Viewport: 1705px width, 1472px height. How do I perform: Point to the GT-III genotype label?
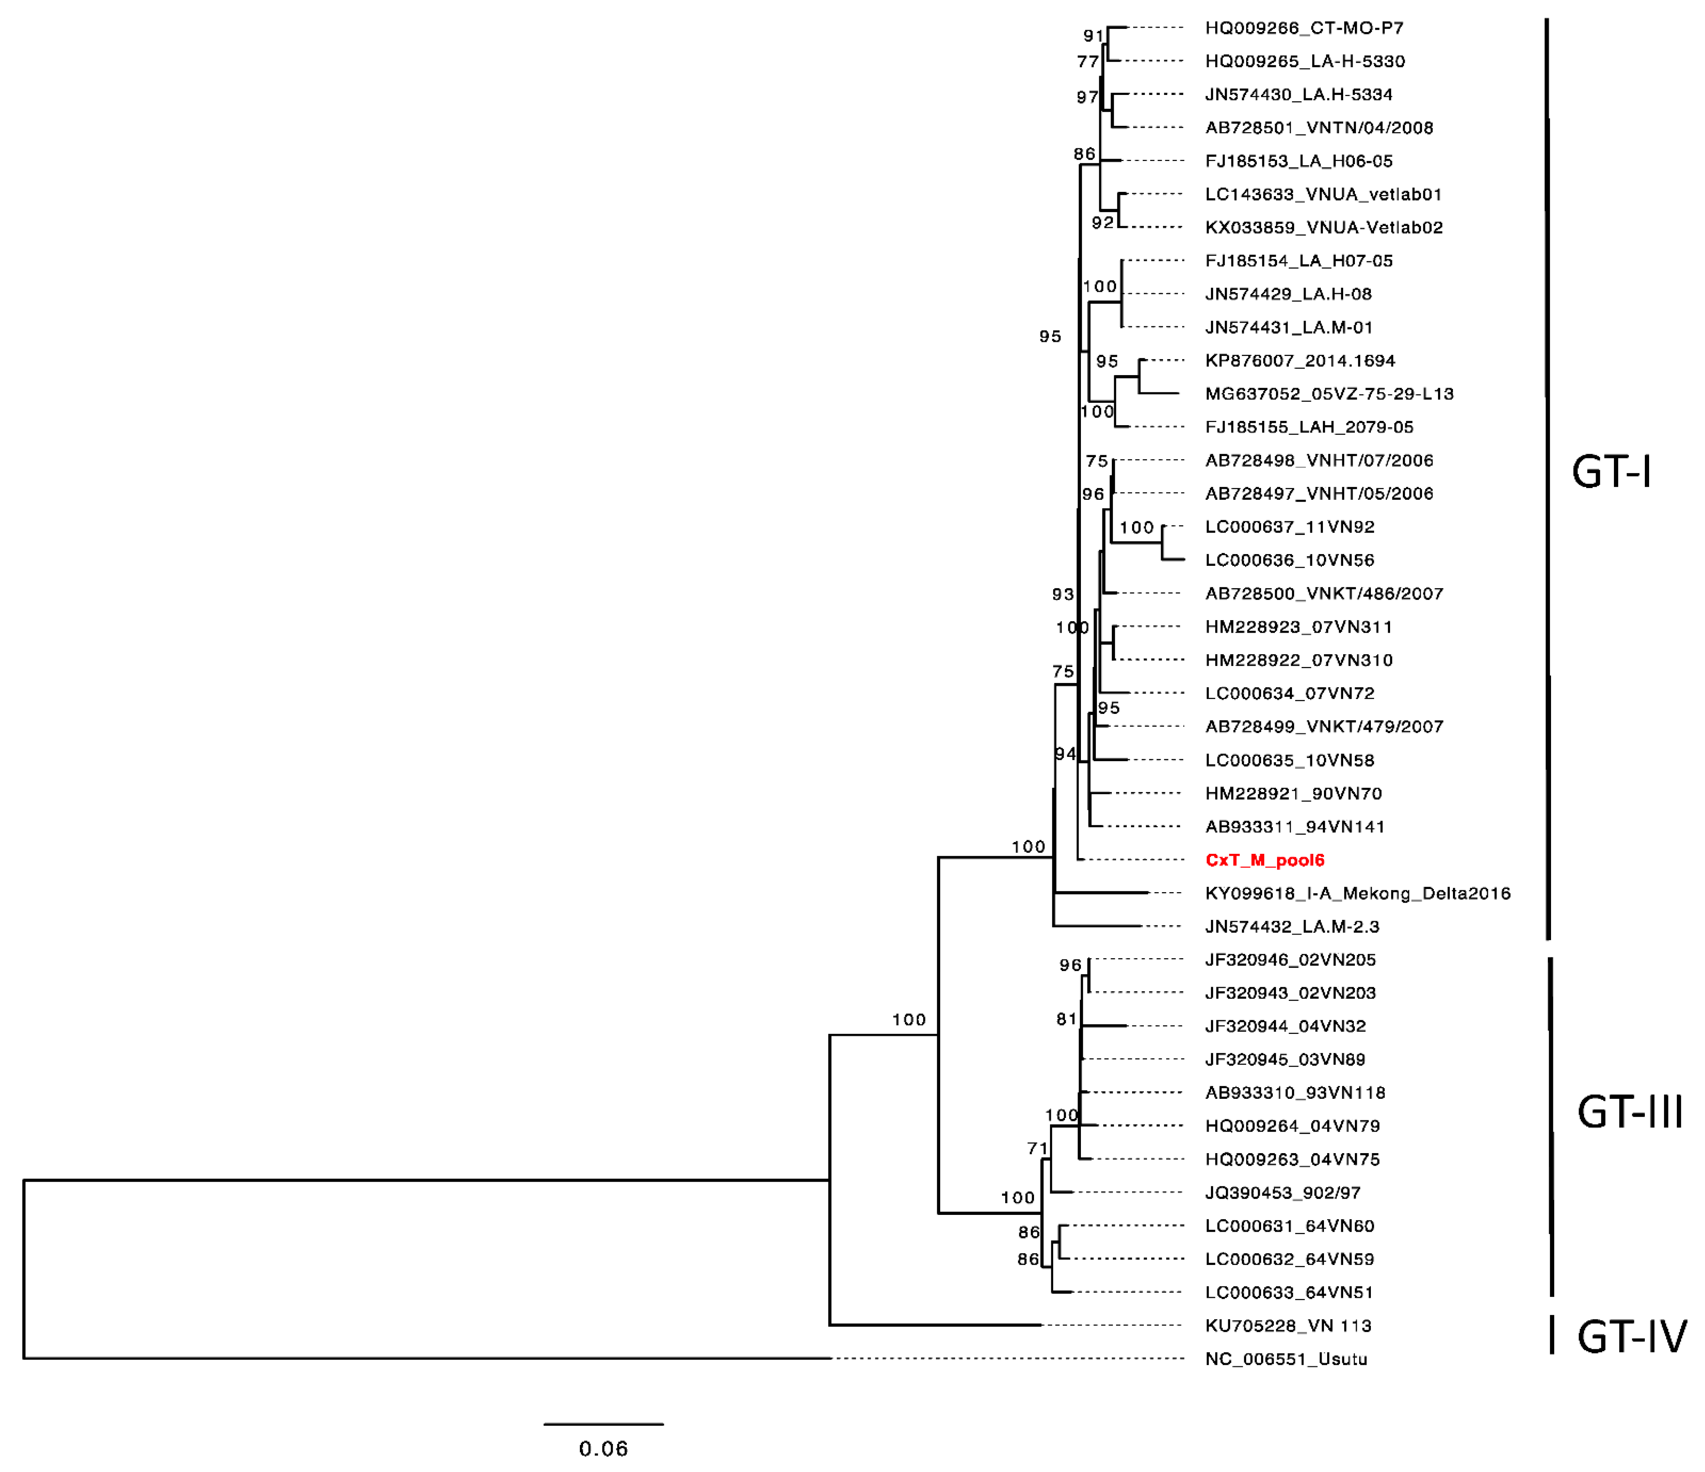(1629, 1112)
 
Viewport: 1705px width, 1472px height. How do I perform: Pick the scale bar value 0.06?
(603, 1448)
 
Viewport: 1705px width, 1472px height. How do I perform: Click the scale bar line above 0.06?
(603, 1424)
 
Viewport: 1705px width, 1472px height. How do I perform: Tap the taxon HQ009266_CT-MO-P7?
(1304, 28)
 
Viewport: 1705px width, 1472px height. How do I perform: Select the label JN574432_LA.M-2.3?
(1292, 926)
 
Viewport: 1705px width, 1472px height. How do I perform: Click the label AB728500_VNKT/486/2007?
(1324, 593)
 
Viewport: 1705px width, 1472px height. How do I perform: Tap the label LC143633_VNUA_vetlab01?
(1323, 194)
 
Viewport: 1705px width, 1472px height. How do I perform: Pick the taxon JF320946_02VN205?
(1290, 959)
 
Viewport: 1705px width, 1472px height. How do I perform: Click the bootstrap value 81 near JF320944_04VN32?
(1066, 1019)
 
